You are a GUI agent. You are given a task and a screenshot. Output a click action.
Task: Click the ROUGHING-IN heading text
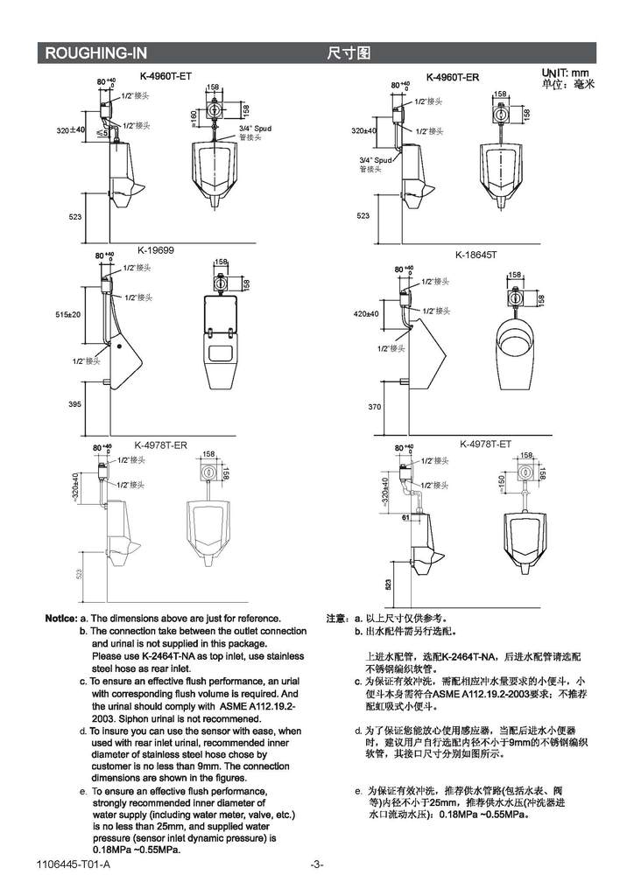tap(96, 53)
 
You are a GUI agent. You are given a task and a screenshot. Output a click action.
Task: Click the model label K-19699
tap(156, 249)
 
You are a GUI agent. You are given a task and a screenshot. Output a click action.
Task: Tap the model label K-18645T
tap(475, 255)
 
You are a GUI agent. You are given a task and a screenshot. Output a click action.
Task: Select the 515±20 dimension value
tap(67, 314)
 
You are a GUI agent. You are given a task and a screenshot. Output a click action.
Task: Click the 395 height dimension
tap(74, 404)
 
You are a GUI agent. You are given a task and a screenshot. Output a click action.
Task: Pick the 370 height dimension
tap(374, 407)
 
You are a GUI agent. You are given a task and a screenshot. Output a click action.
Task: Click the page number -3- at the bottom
tap(317, 865)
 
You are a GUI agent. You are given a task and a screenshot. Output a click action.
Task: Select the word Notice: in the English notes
tap(60, 619)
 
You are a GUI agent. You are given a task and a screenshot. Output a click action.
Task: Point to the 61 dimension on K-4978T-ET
tap(405, 518)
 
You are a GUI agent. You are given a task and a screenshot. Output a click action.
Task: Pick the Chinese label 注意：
tap(338, 619)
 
